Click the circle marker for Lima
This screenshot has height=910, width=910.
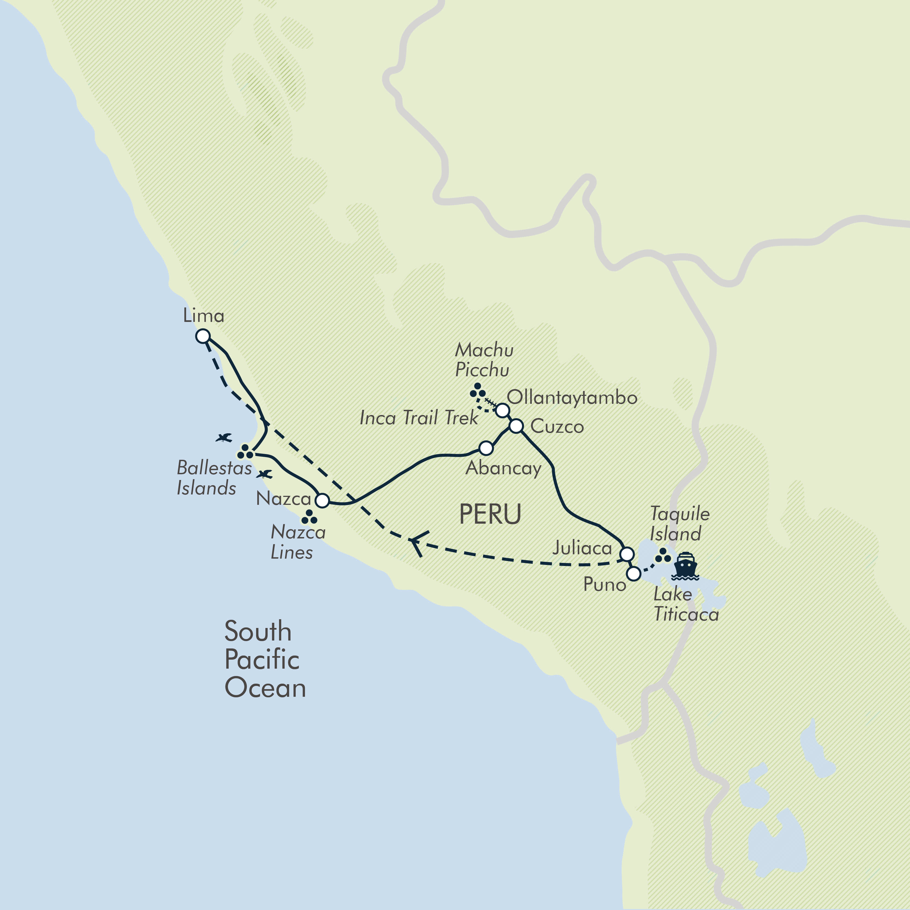[203, 336]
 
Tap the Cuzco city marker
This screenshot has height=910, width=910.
[516, 426]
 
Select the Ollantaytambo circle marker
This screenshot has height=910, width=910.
[503, 410]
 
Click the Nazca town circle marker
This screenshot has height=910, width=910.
[322, 500]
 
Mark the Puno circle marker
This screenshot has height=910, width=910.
[634, 574]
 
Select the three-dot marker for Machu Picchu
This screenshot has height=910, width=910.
[478, 391]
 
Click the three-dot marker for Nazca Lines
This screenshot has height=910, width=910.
[309, 517]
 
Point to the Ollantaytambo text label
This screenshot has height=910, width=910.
[572, 398]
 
